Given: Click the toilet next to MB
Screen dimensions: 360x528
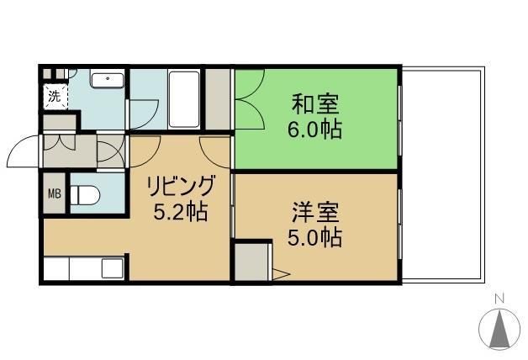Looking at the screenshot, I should point(85,195).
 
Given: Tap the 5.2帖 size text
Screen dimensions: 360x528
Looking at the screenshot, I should point(180,211).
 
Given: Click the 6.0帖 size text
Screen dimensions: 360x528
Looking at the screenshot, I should point(316,131).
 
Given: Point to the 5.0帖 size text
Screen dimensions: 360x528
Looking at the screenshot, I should point(316,237).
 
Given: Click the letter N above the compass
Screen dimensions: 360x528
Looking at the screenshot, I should point(499,299).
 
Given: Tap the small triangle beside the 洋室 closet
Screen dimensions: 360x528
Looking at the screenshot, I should point(281,273).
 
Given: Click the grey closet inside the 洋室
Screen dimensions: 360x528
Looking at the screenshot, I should point(252,262).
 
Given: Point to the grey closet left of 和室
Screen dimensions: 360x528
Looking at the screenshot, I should point(218,99).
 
